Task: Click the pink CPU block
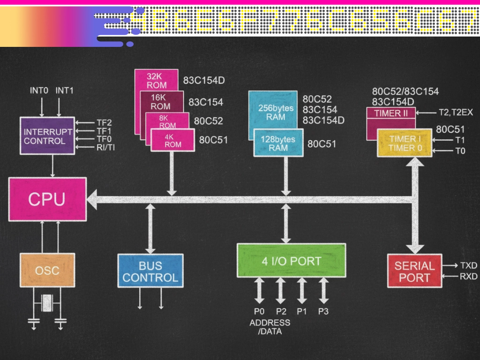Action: (47, 199)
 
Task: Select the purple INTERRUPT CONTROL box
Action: (47, 136)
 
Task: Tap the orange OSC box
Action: (47, 270)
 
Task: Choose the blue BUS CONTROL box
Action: (150, 271)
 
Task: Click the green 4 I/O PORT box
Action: (291, 261)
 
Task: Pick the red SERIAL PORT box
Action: (414, 271)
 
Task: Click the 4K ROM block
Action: (172, 141)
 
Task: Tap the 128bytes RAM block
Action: (278, 143)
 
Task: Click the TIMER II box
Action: (390, 113)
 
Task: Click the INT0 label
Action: (39, 90)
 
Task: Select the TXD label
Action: (468, 265)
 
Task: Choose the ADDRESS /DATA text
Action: (270, 327)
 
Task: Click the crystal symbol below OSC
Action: (47, 303)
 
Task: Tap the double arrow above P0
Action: (259, 291)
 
